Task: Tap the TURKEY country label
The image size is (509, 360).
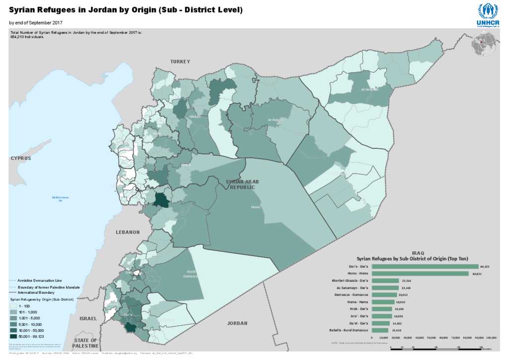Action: [180, 62]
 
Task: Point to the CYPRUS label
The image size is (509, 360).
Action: [21, 158]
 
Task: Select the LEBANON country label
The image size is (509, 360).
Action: [128, 232]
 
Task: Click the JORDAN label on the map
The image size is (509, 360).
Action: [237, 323]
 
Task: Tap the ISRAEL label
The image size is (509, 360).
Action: [88, 318]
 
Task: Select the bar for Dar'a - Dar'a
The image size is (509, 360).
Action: [424, 267]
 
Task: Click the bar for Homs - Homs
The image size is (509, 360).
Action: [420, 273]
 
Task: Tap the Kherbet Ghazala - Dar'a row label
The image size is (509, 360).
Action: [350, 281]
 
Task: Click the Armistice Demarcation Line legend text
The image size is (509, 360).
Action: [42, 281]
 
